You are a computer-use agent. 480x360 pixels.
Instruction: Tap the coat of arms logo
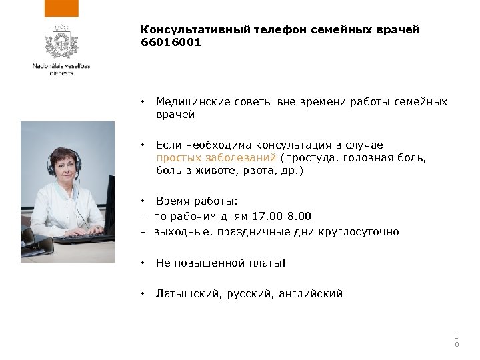(x=61, y=43)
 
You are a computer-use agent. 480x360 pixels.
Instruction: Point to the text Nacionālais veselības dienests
(x=61, y=69)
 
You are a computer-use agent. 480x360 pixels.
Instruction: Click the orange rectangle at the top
(x=61, y=8)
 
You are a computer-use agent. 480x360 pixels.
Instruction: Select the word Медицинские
(x=193, y=102)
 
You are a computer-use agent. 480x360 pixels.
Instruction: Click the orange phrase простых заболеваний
(x=217, y=158)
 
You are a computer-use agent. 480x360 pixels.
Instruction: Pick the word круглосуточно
(x=361, y=232)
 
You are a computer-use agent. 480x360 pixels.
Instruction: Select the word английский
(x=313, y=293)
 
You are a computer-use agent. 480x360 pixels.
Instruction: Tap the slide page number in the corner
(x=457, y=340)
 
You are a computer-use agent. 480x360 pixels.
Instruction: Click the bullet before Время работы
(x=143, y=201)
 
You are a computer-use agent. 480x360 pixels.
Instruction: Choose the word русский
(x=251, y=293)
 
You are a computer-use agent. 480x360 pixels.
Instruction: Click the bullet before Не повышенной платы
(x=143, y=263)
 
